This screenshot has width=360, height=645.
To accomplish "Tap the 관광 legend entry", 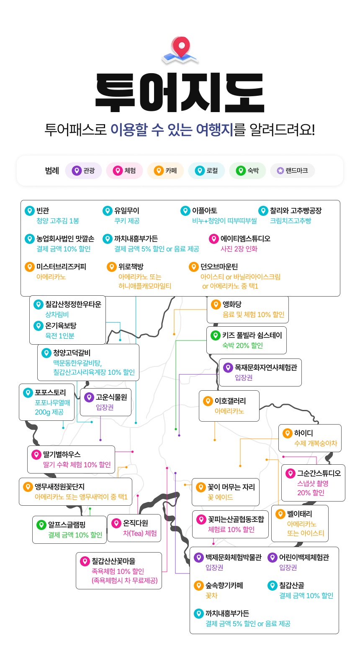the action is pyautogui.click(x=83, y=171).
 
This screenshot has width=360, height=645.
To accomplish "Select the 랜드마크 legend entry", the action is pyautogui.click(x=292, y=171).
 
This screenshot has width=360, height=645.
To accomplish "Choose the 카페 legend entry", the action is pyautogui.click(x=165, y=171).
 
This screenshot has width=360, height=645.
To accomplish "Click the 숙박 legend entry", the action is pyautogui.click(x=247, y=171).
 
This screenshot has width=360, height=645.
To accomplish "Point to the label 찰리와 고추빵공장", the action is pyautogui.click(x=296, y=210).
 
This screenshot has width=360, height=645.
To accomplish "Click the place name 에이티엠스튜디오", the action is pyautogui.click(x=246, y=239).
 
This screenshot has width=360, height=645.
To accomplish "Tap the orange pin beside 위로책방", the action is pyautogui.click(x=111, y=266).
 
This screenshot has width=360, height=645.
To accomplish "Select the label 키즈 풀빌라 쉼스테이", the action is pyautogui.click(x=252, y=335).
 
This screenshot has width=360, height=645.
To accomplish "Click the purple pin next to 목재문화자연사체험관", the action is pyautogui.click(x=228, y=367).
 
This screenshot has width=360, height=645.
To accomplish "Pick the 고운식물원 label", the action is pyautogui.click(x=111, y=397).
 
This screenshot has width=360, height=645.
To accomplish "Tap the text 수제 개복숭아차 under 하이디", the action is pyautogui.click(x=316, y=443).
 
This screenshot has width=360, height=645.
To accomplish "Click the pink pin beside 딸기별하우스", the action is pyautogui.click(x=36, y=455).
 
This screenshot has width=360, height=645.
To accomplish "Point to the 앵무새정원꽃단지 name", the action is pyautogui.click(x=60, y=487).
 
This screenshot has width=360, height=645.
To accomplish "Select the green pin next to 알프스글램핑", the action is pyautogui.click(x=41, y=525).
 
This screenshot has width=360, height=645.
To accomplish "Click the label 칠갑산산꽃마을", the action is pyautogui.click(x=113, y=561).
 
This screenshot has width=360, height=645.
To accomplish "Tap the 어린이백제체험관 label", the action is pyautogui.click(x=304, y=558).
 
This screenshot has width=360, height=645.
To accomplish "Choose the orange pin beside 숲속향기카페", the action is pyautogui.click(x=198, y=586).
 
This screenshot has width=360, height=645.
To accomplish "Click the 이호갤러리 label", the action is pyautogui.click(x=230, y=401).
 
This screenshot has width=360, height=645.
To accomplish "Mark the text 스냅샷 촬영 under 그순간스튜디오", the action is pyautogui.click(x=313, y=484).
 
